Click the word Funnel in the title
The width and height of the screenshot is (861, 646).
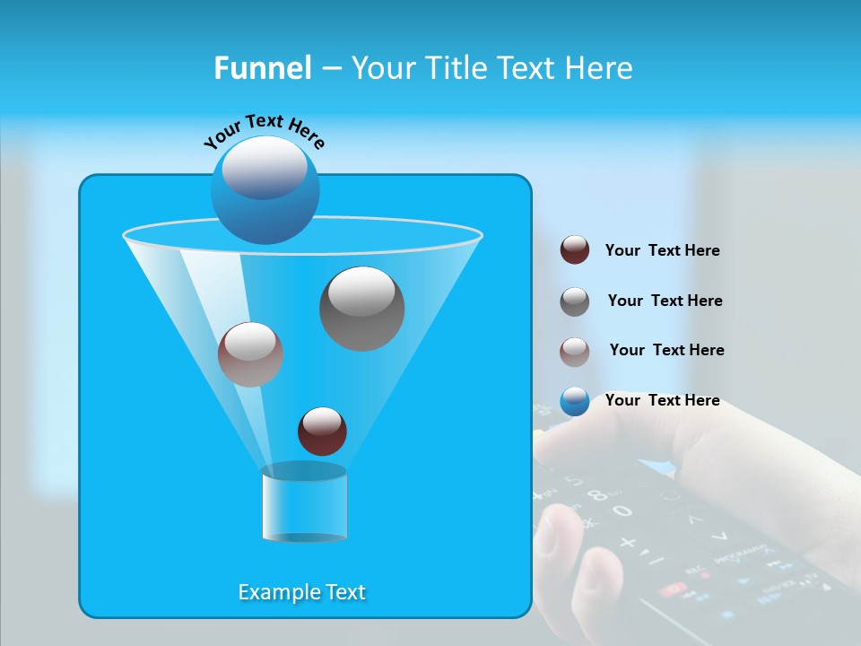tap(262, 68)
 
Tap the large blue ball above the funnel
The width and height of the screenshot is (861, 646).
tap(265, 189)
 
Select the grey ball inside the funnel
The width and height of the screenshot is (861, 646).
tap(361, 308)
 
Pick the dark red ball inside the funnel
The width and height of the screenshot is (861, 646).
tap(322, 431)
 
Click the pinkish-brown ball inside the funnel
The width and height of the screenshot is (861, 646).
tap(250, 354)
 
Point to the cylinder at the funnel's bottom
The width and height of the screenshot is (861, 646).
tap(304, 504)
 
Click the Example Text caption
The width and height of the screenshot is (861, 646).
tap(301, 592)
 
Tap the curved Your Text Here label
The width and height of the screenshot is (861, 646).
tap(264, 129)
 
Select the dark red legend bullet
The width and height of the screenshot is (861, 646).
tap(575, 249)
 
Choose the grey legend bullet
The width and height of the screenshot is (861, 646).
tap(575, 301)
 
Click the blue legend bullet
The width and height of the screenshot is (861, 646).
tap(575, 401)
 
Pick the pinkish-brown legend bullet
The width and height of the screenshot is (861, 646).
tap(575, 352)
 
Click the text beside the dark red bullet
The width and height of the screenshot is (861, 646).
tap(662, 250)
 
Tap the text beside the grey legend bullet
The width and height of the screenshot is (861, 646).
tap(665, 301)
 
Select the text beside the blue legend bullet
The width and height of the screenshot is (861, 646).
tap(662, 400)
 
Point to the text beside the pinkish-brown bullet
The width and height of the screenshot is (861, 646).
tap(666, 350)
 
